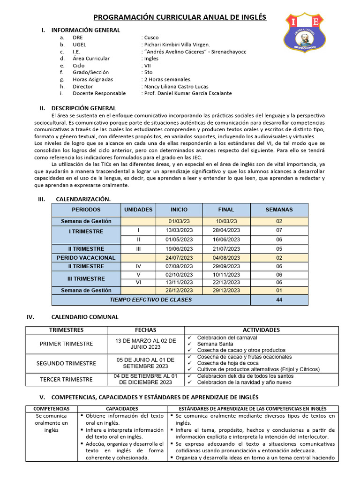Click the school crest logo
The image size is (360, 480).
[309, 33]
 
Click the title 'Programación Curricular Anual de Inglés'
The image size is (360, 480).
[180, 17]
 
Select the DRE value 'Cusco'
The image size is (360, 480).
[151, 37]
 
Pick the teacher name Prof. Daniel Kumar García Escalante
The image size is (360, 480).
[188, 93]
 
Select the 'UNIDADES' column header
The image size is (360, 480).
[138, 210]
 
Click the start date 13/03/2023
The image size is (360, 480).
[179, 231]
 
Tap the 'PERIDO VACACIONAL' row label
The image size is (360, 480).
[86, 258]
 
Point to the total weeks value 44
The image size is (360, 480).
[279, 300]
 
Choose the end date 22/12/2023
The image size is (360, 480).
[226, 283]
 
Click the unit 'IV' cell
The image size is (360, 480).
[138, 266]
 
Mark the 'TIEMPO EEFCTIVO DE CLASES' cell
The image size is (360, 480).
[150, 300]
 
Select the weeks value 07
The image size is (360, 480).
[279, 231]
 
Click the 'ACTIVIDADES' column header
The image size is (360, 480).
[261, 330]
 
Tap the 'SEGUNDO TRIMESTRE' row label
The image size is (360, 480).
[68, 363]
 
